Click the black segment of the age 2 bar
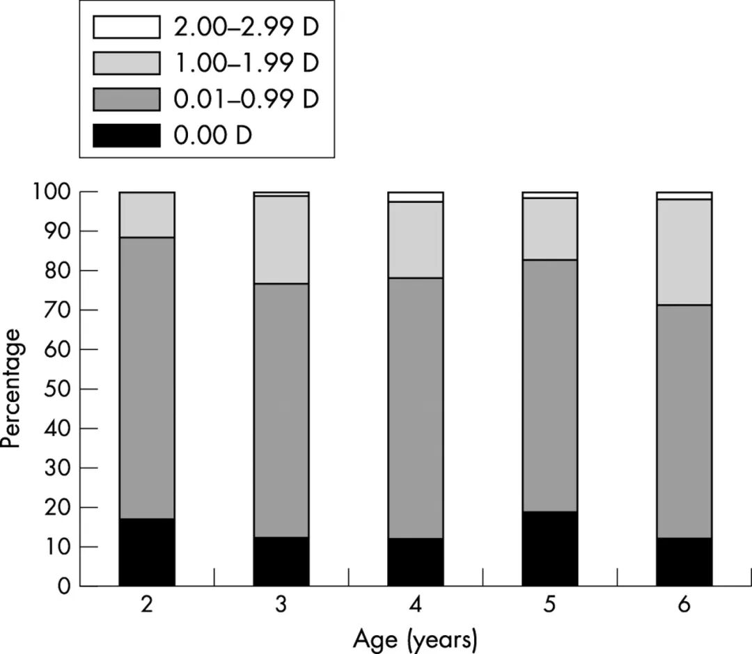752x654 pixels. point(147,552)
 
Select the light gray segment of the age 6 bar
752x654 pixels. point(684,252)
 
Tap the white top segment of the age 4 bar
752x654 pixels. point(415,197)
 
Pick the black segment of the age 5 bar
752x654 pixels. point(549,548)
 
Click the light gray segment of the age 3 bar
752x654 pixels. point(281,239)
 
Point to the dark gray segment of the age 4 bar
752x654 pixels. point(415,408)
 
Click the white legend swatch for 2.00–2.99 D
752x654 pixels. point(127,27)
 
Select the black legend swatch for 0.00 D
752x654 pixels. point(127,136)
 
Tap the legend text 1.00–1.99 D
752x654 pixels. point(246,63)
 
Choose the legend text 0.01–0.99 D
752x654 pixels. point(246,99)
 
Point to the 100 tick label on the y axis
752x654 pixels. point(52,192)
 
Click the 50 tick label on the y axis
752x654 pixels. point(58,389)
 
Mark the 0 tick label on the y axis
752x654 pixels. point(64,586)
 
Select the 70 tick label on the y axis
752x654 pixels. point(58,310)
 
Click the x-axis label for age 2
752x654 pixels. point(147,605)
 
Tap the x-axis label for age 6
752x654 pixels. point(684,605)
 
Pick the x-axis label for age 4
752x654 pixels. point(415,605)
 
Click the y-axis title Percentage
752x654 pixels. point(12,388)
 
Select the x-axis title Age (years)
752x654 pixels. point(415,639)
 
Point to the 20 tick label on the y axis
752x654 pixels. point(58,507)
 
